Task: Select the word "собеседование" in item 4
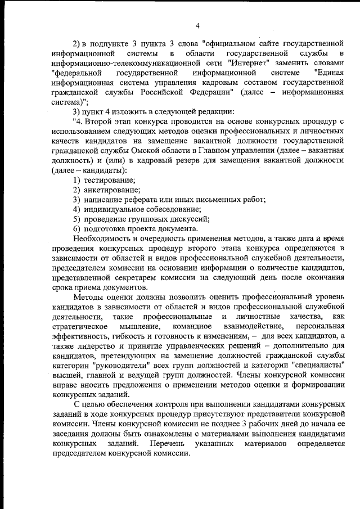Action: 164,209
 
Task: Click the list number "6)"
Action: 77,229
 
